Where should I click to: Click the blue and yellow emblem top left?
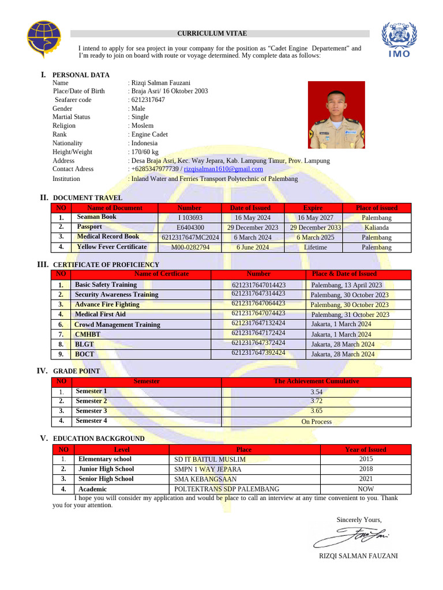pos(44,40)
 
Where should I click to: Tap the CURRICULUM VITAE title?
pos(212,33)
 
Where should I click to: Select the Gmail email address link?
pos(223,169)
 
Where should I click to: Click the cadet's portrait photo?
pos(336,115)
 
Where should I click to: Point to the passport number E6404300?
pos(190,228)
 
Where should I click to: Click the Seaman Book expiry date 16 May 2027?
pos(315,218)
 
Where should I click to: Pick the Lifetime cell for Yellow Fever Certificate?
pos(315,247)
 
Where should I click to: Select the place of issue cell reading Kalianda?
pos(377,228)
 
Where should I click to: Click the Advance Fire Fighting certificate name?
pos(107,304)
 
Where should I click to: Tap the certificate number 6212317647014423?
pos(258,285)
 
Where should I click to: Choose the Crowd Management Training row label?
pos(118,324)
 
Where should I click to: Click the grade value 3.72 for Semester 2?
pos(317,401)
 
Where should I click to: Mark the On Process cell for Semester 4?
pos(317,421)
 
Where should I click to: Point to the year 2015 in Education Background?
pos(366,459)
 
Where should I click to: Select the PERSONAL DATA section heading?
pos(81,75)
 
